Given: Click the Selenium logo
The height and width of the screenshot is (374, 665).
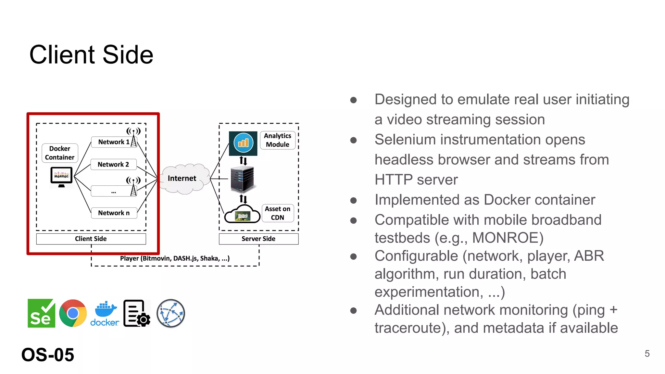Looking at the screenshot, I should tap(41, 313).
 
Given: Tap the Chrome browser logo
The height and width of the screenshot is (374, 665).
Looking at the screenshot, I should tap(73, 313).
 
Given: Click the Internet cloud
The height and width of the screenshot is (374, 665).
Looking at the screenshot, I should tap(182, 179).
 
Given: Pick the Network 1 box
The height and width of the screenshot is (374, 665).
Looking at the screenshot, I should tap(114, 142).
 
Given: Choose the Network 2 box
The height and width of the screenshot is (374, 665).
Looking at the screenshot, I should tap(113, 164).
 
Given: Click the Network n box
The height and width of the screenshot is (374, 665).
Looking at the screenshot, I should tap(114, 213).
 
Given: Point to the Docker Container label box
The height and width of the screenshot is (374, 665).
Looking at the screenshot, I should tap(60, 153).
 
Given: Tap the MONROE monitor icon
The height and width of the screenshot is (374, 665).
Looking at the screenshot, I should tap(61, 177).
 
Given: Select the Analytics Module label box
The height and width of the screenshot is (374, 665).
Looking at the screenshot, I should tap(278, 140).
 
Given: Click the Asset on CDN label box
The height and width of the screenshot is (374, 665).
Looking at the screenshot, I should tap(278, 213).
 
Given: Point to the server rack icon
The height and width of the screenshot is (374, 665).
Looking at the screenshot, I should tap(242, 179).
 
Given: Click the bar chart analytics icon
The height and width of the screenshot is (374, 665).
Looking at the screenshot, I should tap(243, 143).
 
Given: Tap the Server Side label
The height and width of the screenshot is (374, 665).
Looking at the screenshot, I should tap(258, 239).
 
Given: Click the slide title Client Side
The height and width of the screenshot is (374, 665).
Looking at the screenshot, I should tap(91, 55).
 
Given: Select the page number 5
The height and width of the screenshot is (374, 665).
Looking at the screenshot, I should tap(647, 354).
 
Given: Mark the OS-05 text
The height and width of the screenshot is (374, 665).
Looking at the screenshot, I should tap(48, 355).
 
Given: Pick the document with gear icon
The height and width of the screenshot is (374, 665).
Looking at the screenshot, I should tap(137, 313).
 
